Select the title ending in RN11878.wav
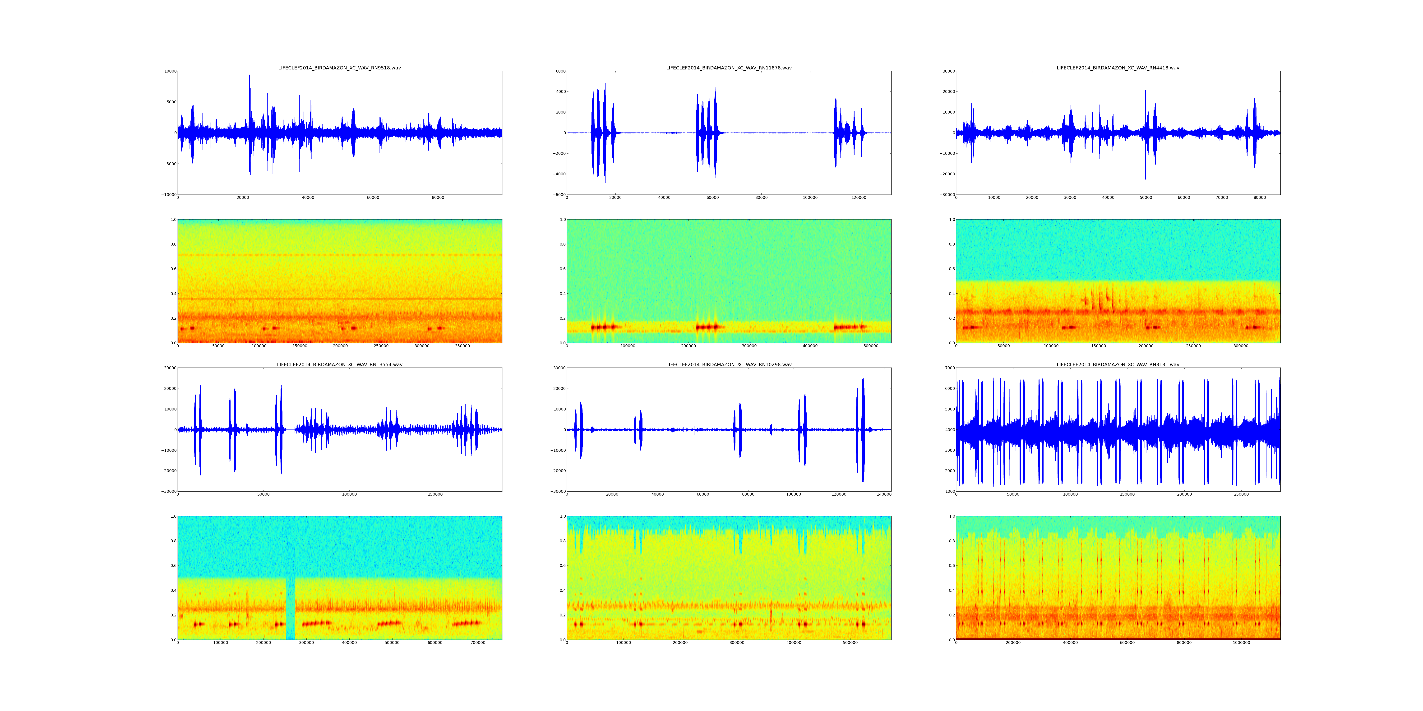(729, 68)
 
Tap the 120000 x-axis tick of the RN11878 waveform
(859, 198)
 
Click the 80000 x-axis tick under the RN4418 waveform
(1260, 198)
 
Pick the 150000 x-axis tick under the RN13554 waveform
(435, 495)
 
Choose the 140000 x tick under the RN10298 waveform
(884, 495)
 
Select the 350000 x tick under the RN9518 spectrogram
(462, 346)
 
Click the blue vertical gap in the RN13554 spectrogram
(290, 607)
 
